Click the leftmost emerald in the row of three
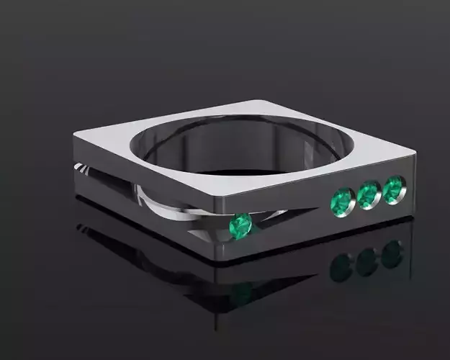tap(341, 201)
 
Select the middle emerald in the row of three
tap(368, 194)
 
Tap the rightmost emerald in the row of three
tap(393, 189)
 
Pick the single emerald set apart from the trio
tap(240, 226)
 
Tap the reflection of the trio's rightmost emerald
tap(392, 253)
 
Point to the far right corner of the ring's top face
tap(415, 152)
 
